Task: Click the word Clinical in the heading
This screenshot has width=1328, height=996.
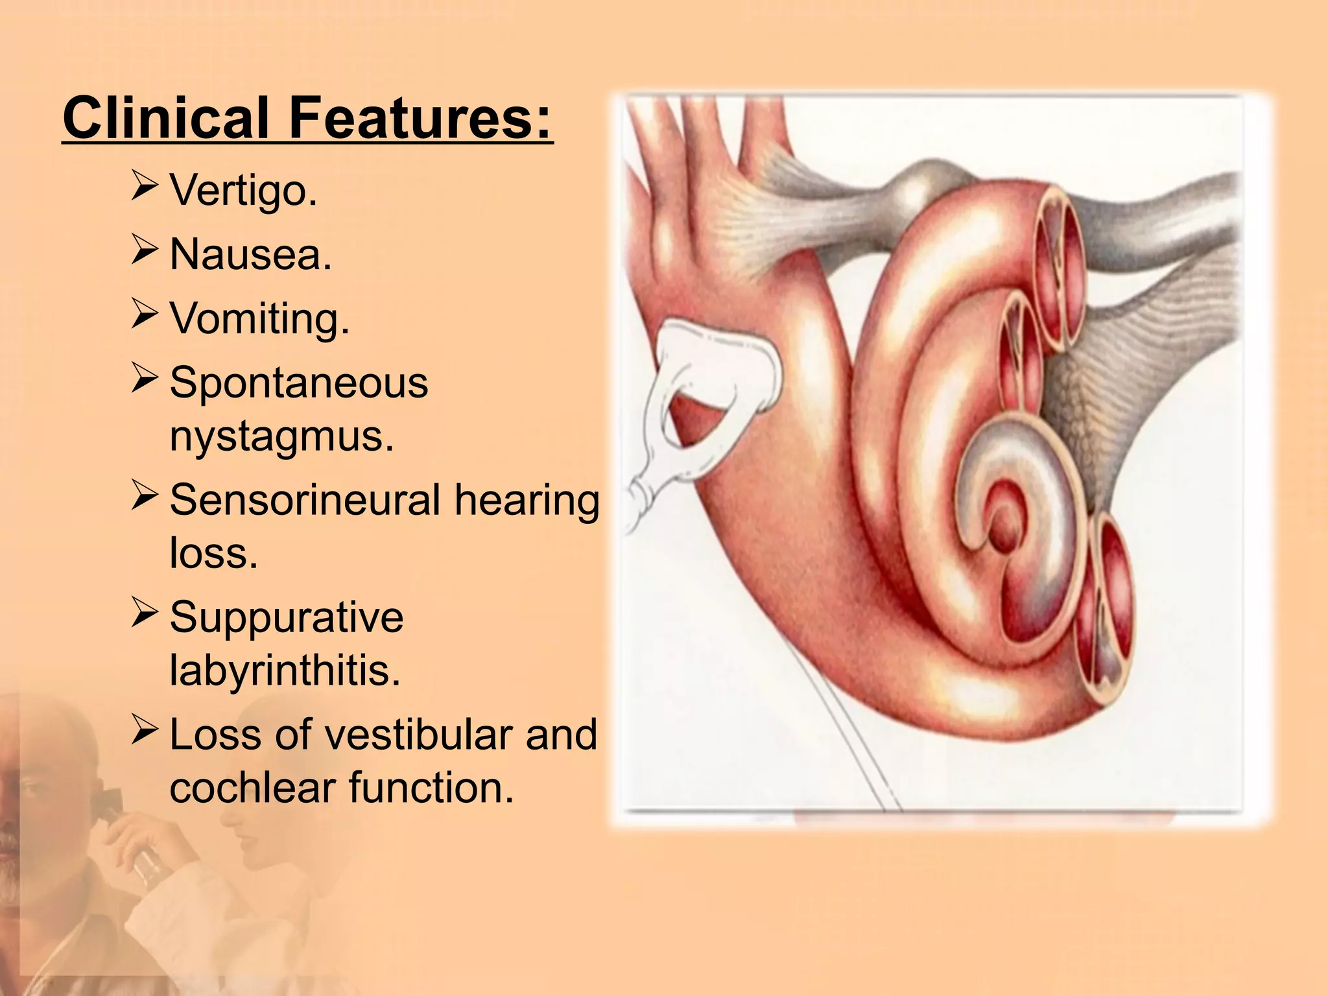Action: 165,118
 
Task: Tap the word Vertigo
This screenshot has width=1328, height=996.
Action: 243,191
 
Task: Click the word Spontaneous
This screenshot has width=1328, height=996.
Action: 299,382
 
